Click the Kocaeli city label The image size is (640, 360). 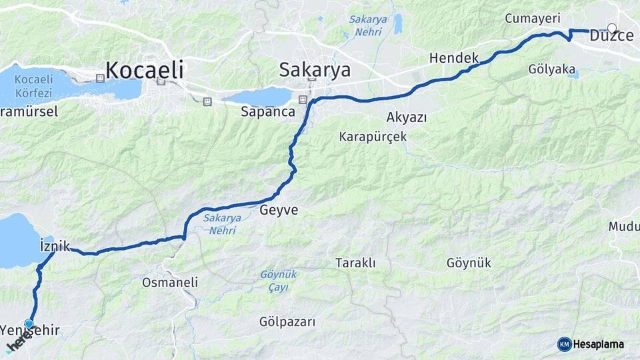click(x=144, y=69)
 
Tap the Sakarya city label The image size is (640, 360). click(x=315, y=69)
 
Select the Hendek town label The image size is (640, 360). click(x=454, y=58)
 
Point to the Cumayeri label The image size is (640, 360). click(x=532, y=18)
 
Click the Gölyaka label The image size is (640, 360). click(x=551, y=69)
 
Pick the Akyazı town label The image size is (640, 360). click(x=407, y=117)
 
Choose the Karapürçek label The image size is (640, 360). click(x=373, y=137)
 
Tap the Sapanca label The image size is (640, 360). click(x=268, y=112)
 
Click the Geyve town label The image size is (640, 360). click(x=279, y=210)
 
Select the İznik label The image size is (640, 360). click(x=55, y=245)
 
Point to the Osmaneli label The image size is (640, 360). click(x=170, y=282)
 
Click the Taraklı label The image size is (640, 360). click(x=355, y=263)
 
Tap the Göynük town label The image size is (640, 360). click(x=469, y=263)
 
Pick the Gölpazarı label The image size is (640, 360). click(x=287, y=322)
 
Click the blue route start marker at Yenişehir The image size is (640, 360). click(x=29, y=323)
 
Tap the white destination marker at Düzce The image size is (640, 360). click(x=612, y=28)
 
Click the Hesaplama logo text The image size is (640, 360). click(x=598, y=344)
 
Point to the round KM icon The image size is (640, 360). click(x=564, y=344)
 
